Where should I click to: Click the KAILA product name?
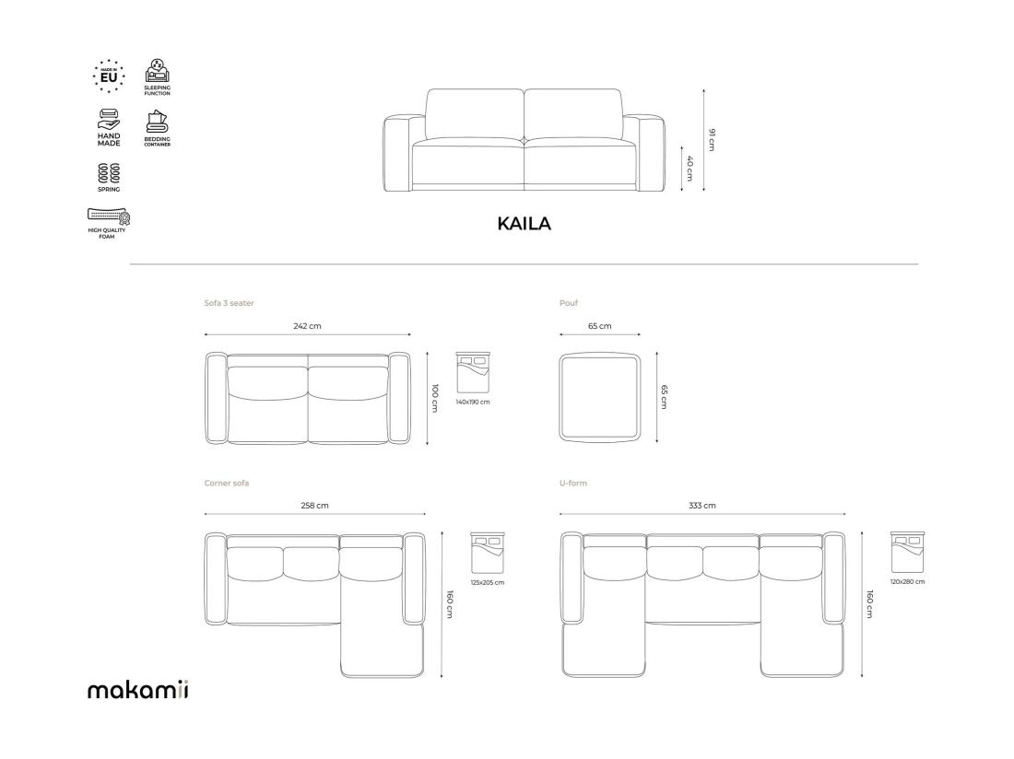pos(524,224)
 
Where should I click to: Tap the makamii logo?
pos(138,690)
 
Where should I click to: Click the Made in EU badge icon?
pos(109,76)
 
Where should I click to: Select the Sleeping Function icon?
pos(157,71)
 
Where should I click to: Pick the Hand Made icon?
pos(109,120)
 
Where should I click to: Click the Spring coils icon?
pos(109,172)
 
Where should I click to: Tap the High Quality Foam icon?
pos(109,216)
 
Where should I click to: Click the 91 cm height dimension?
pos(712,139)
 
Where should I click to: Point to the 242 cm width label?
pos(307,326)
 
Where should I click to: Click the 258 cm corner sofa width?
pos(314,505)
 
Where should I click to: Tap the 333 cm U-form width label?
pos(702,505)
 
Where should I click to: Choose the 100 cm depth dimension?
pos(435,398)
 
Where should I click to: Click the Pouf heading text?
pos(569,303)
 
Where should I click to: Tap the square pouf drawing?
pos(600,397)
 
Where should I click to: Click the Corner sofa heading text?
pos(227,483)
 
